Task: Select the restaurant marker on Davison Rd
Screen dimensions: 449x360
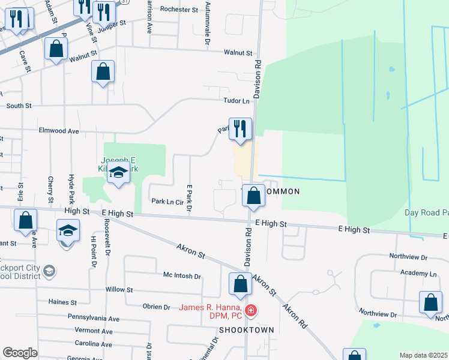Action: pos(240,129)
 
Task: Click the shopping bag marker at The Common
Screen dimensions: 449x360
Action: pos(254,196)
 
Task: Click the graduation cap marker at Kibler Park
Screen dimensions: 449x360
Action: pos(119,174)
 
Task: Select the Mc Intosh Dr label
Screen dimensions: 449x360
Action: pos(182,276)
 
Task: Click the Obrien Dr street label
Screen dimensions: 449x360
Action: pos(157,307)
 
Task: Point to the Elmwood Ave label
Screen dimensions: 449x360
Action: pos(59,130)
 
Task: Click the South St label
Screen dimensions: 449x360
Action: pos(19,106)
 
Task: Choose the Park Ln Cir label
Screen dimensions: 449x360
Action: pos(167,202)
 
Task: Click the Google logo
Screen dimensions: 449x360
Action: pos(20,352)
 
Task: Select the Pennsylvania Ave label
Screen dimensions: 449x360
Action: pos(94,318)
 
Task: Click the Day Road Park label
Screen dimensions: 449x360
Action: pos(426,212)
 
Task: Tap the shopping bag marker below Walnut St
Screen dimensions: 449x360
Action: pos(103,72)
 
